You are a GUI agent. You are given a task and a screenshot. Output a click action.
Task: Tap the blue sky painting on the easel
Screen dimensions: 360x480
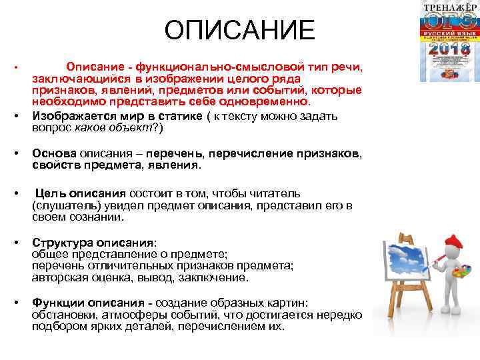[x=403, y=264]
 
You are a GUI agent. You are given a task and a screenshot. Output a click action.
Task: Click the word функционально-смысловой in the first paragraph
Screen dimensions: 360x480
[x=221, y=67]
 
